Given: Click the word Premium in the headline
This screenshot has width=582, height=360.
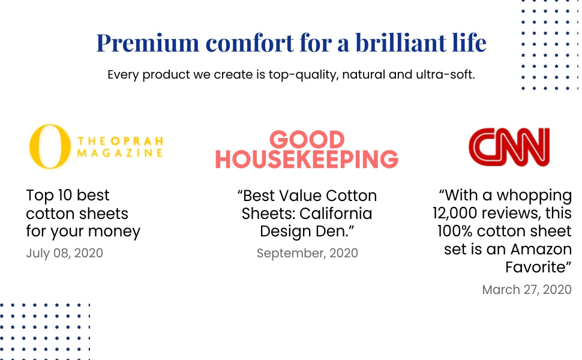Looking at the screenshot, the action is pyautogui.click(x=148, y=43).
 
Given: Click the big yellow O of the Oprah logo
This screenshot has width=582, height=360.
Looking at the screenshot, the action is pyautogui.click(x=50, y=146).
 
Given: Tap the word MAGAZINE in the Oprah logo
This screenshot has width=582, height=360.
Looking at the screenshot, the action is pyautogui.click(x=120, y=153).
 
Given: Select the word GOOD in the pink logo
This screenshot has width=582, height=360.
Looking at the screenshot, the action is pyautogui.click(x=307, y=140).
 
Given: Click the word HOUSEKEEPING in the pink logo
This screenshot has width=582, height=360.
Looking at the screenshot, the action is pyautogui.click(x=307, y=159).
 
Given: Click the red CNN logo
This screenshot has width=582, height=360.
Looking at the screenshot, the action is pyautogui.click(x=509, y=147).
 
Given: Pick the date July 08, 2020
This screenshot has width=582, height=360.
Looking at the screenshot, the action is pyautogui.click(x=65, y=253).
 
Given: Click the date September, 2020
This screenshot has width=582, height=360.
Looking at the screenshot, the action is pyautogui.click(x=307, y=253).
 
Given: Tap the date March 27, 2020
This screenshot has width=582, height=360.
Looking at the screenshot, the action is pyautogui.click(x=527, y=289).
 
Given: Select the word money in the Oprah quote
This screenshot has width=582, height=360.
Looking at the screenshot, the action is pyautogui.click(x=115, y=232).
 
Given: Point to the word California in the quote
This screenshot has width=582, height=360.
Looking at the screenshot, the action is pyautogui.click(x=335, y=214).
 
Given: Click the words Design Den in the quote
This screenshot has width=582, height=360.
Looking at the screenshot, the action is pyautogui.click(x=303, y=231).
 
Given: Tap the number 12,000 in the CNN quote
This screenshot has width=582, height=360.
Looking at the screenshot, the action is pyautogui.click(x=455, y=214).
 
